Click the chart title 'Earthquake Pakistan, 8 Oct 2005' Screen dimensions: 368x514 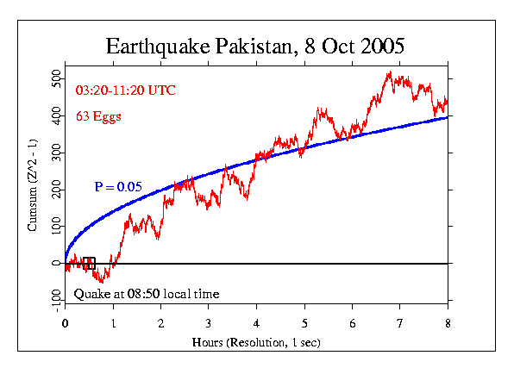coord(255,46)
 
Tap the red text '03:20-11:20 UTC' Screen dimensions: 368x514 coord(126,90)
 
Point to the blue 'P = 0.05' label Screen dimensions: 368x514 coord(118,186)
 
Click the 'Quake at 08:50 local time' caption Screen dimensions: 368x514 coord(146,294)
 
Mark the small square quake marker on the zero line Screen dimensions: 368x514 coord(88,264)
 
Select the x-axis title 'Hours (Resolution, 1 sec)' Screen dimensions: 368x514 coord(256,342)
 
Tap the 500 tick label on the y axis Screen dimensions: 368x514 coord(56,79)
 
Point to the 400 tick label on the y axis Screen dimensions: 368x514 coord(56,115)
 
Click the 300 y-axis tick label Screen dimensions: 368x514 coord(56,153)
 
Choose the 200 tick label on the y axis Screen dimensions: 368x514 coord(56,190)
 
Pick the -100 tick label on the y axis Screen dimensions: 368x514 coord(56,299)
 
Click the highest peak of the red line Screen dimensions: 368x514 coord(390,72)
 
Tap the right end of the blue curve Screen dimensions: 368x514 coord(448,116)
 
